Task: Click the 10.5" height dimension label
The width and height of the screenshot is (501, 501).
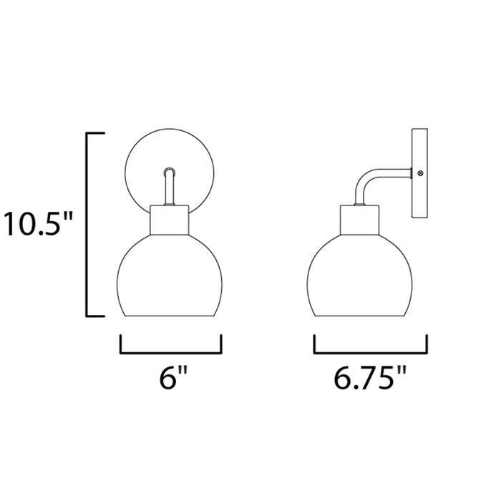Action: click(x=38, y=223)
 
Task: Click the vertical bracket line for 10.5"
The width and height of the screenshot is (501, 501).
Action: click(x=87, y=224)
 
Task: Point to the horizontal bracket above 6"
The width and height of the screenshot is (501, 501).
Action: click(x=171, y=353)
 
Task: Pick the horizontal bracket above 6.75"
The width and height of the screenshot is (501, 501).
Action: click(x=371, y=353)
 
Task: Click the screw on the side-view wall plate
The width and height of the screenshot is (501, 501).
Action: click(x=421, y=173)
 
